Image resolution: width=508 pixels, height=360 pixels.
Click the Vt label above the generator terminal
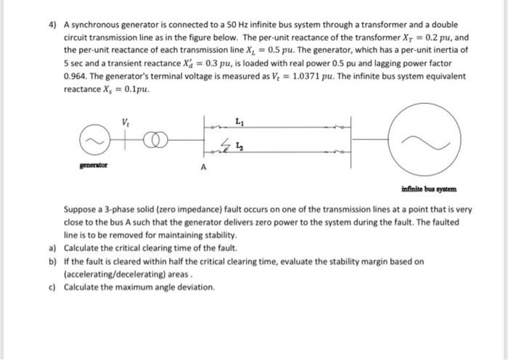pos(128,121)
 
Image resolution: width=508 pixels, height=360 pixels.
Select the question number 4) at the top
pos(52,25)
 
